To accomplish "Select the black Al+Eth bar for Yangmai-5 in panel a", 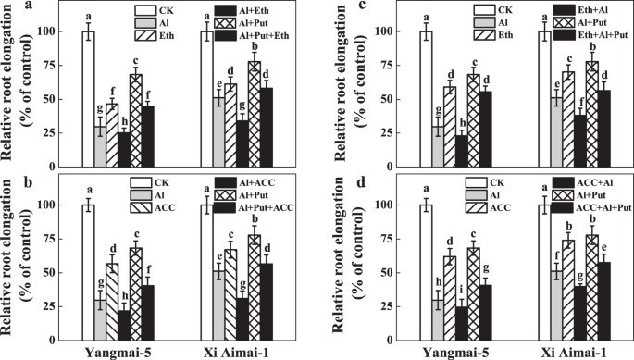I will tap(123, 149).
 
